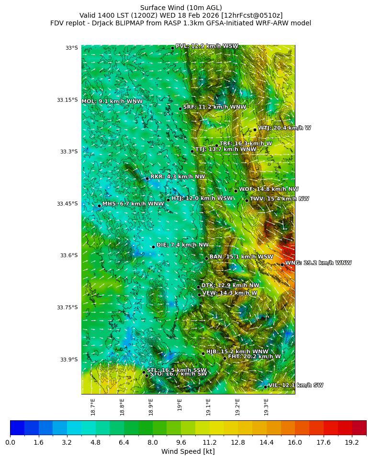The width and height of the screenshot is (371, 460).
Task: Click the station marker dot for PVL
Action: (172, 48)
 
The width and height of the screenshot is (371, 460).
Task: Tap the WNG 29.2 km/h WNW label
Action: (318, 263)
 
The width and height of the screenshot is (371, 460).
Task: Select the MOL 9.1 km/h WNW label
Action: (112, 101)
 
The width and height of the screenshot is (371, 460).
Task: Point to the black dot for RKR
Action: (147, 178)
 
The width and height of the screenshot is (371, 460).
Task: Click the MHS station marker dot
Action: (99, 206)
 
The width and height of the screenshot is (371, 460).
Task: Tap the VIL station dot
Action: (265, 387)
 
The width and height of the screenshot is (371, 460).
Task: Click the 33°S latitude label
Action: (71, 48)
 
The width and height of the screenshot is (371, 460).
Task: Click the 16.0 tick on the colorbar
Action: (295, 443)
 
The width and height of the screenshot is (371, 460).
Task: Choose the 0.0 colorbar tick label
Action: (10, 443)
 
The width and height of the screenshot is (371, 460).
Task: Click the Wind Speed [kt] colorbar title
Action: (188, 451)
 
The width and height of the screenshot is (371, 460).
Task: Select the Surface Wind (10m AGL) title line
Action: (180, 8)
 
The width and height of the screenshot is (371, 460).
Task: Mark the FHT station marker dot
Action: (225, 358)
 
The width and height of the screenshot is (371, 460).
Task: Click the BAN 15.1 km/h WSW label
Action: (241, 257)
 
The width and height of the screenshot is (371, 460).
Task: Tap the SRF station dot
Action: (180, 109)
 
